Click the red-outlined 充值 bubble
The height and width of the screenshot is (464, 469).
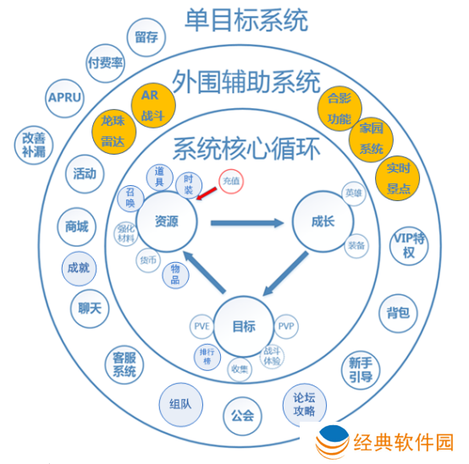231,181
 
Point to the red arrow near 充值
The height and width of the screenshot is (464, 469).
207,195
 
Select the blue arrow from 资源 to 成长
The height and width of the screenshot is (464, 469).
246,222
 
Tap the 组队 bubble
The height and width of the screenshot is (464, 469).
180,402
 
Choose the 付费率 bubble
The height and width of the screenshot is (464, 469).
105,63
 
